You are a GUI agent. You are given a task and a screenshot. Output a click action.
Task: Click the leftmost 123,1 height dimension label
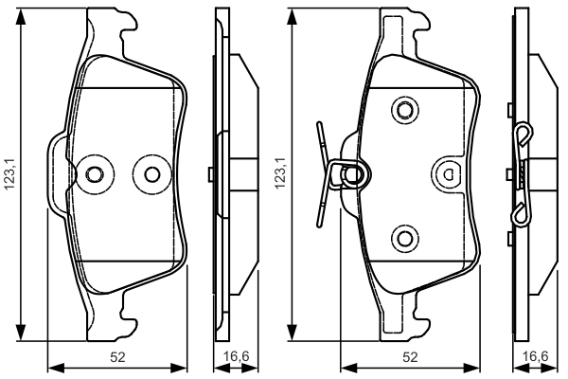(9, 173)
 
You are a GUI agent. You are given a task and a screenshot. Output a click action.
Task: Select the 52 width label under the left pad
(117, 357)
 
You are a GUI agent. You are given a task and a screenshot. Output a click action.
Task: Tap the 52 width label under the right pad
(410, 357)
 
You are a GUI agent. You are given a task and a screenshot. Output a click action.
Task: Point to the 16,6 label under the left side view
(236, 357)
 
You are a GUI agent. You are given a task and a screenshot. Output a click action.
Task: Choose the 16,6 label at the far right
(536, 357)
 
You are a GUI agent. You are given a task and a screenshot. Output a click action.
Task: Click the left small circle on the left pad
(94, 174)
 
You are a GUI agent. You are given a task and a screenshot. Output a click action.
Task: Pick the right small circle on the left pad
(152, 174)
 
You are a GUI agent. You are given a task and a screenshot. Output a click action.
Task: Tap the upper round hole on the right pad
(404, 110)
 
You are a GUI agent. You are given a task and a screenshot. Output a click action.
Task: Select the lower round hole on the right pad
(404, 238)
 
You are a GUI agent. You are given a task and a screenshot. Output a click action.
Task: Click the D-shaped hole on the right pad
(448, 175)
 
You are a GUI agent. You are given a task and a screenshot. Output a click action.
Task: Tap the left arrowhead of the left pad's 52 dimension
(56, 369)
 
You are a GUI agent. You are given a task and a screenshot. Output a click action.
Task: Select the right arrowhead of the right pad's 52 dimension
(471, 369)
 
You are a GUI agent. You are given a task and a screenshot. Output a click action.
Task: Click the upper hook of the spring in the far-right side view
(524, 135)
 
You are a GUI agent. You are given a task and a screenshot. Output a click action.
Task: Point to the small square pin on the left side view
(210, 174)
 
